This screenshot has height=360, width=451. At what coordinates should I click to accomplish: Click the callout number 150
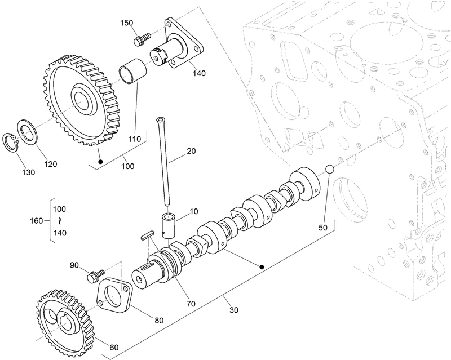point(127,23)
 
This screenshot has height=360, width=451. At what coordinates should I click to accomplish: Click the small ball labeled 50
point(329,170)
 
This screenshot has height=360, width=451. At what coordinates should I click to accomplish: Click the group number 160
point(37,221)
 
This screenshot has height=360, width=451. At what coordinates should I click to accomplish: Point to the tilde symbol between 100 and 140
point(59,221)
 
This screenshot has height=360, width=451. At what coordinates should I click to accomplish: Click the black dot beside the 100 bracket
point(100,162)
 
